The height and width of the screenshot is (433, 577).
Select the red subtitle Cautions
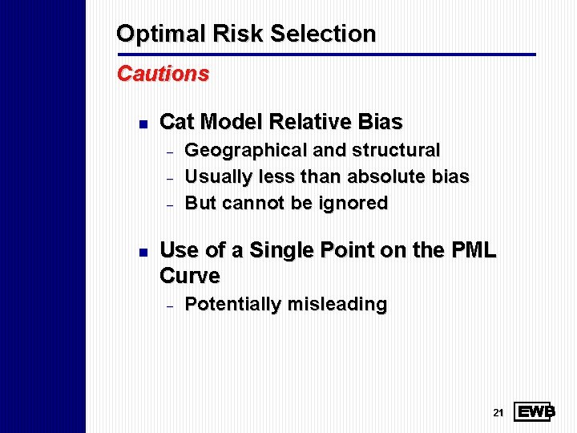pos(163,74)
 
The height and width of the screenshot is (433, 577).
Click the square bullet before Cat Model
pos(141,123)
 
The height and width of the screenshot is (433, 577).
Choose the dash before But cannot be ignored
pos(169,204)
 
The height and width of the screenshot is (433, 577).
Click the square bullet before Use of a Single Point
pos(141,252)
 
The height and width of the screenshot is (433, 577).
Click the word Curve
pos(190,276)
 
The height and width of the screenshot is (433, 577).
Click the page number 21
pos(498,413)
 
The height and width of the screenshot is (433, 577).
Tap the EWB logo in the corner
pos(534,412)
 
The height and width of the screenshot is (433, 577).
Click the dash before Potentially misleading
pos(169,306)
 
